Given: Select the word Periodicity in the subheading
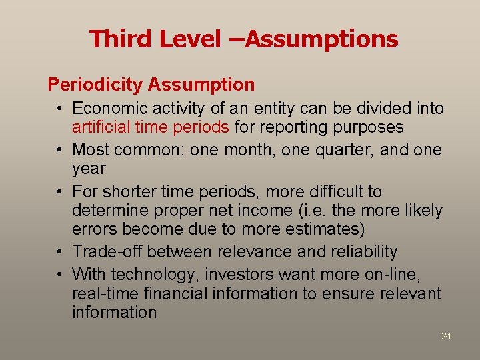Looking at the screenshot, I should [x=95, y=85].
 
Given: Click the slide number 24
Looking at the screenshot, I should [x=446, y=337].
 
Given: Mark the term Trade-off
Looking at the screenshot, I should [x=107, y=252].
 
